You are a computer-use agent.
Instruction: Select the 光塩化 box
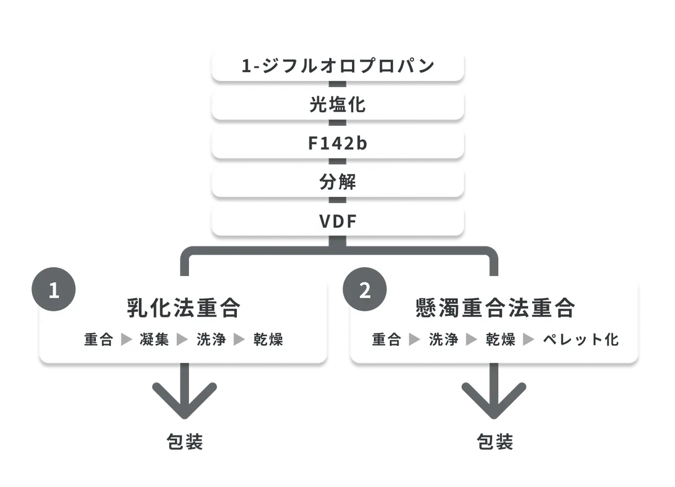(338, 105)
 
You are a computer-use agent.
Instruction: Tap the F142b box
(338, 143)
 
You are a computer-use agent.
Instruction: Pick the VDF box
(338, 221)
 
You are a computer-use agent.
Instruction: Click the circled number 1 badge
(53, 289)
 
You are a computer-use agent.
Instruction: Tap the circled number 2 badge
(364, 289)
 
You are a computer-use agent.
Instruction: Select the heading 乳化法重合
(183, 308)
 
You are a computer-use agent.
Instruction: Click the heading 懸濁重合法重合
(496, 308)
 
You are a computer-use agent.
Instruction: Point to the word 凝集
(154, 340)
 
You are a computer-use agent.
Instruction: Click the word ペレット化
(580, 340)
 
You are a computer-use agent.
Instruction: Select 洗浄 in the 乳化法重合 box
(211, 340)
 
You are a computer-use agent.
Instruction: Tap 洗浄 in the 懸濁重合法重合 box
(444, 340)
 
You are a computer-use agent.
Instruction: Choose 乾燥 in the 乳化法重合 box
(268, 340)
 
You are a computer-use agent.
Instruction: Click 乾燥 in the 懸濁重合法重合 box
(501, 340)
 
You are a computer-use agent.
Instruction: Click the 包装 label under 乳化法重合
(184, 442)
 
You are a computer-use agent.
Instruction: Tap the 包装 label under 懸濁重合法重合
(495, 442)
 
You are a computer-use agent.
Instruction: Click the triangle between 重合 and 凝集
(126, 340)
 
